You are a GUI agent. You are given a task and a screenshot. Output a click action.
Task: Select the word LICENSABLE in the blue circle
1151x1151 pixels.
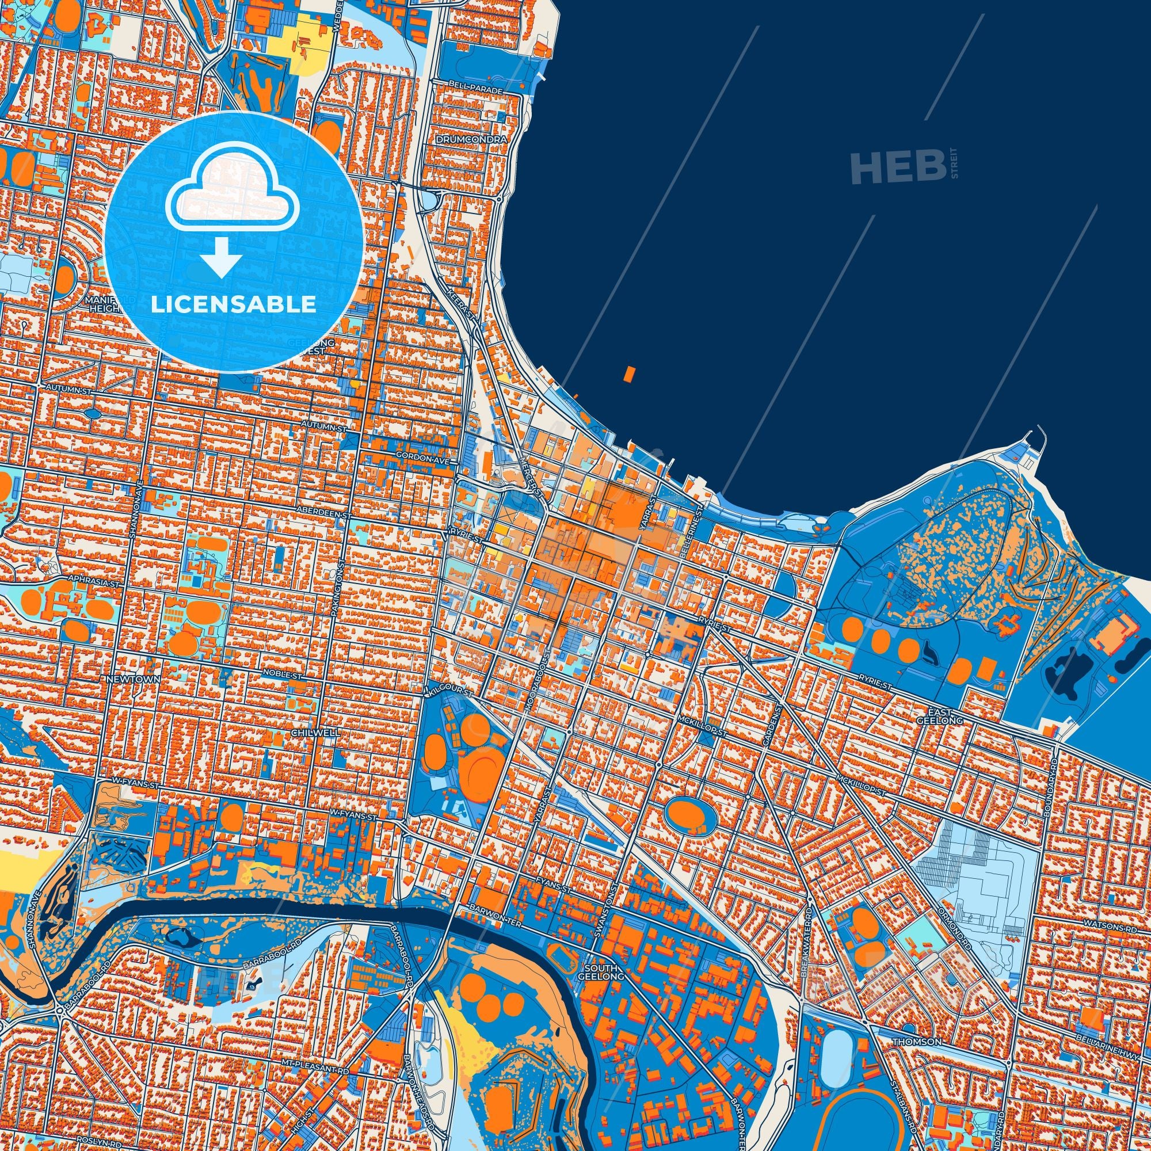pos(234,305)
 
